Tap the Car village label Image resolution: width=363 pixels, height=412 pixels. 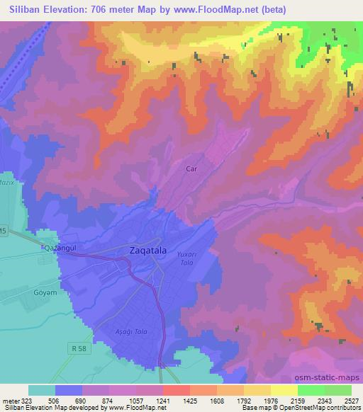191,169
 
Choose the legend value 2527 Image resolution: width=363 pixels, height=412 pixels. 351,399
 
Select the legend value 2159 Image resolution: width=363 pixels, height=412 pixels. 298,399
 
